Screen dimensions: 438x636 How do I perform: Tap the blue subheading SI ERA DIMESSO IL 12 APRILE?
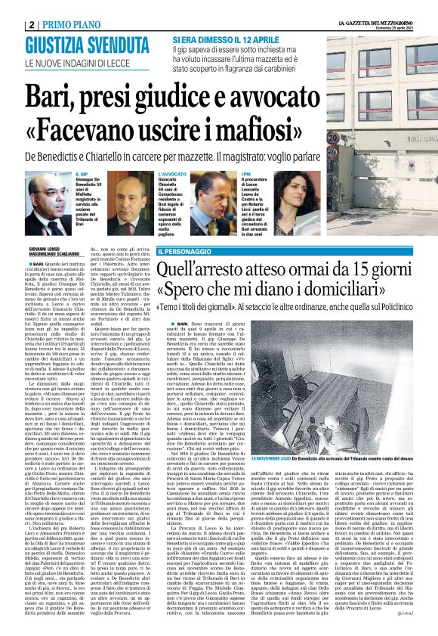(226, 39)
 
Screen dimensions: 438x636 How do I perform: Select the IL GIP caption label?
(82, 174)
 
